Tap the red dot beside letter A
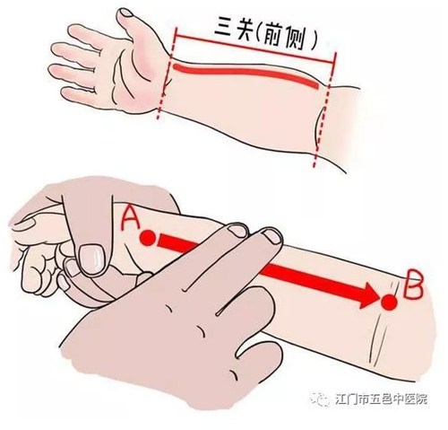pyautogui.click(x=148, y=238)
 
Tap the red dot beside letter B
pyautogui.click(x=389, y=302)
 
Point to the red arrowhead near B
pyautogui.click(x=367, y=294)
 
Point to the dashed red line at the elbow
pyautogui.click(x=325, y=110)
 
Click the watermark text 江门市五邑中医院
pyautogui.click(x=382, y=399)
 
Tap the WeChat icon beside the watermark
pyautogui.click(x=321, y=399)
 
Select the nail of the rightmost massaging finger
pyautogui.click(x=272, y=235)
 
